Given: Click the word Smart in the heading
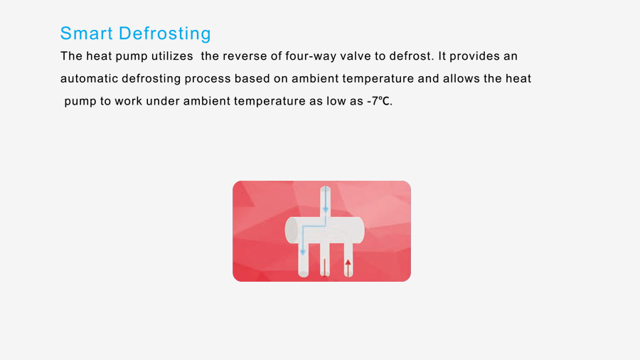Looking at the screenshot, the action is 86,33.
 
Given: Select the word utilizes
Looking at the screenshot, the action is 172,56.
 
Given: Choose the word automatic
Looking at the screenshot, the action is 89,78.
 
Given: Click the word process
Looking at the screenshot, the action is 208,79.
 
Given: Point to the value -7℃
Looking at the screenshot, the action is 379,101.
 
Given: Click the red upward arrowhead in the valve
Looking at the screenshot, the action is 348,263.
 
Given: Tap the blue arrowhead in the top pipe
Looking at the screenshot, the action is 325,209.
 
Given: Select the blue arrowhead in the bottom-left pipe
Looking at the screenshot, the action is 303,253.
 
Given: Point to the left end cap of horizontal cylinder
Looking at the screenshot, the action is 292,231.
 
